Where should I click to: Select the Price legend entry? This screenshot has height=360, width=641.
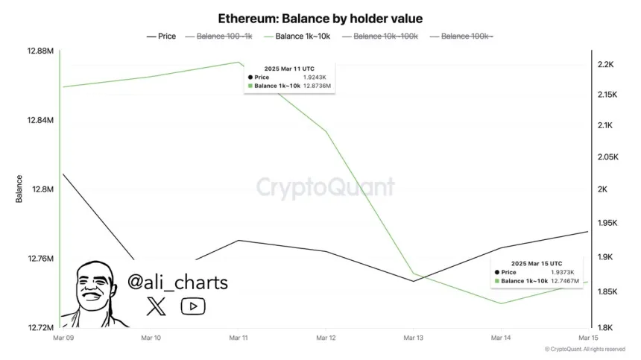tap(162, 36)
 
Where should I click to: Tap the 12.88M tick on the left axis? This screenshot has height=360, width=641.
tap(40, 51)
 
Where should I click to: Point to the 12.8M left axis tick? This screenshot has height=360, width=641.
tap(42, 189)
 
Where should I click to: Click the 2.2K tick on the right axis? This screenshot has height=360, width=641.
tap(606, 65)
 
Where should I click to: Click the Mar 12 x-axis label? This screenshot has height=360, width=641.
tap(326, 338)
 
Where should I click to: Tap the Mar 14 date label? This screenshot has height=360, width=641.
tap(501, 338)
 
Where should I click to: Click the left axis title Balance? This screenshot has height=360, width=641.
tap(19, 189)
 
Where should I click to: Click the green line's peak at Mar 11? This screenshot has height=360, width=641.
tap(238, 62)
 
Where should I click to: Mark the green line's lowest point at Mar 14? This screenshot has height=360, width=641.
tap(501, 303)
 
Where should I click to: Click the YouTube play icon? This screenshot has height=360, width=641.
tap(193, 306)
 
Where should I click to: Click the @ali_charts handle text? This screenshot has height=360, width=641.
tap(177, 282)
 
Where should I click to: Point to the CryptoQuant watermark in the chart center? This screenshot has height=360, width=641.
tap(326, 186)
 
